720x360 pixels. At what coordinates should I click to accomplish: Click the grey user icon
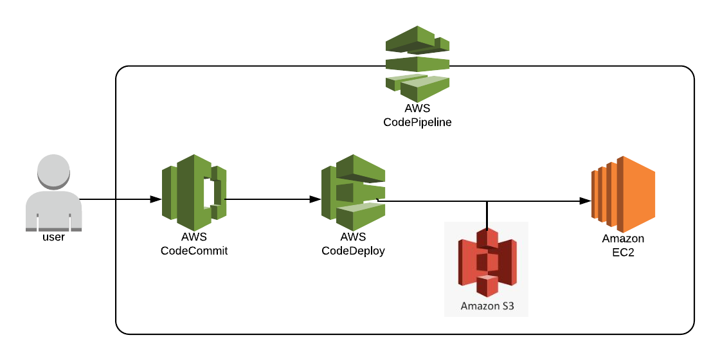click(53, 193)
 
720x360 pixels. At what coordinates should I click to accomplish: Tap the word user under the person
click(53, 237)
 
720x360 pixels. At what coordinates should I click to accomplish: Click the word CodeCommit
click(194, 251)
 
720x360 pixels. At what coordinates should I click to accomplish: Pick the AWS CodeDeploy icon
click(353, 193)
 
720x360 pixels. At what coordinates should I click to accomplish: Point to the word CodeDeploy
click(353, 251)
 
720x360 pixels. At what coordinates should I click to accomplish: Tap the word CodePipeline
click(417, 122)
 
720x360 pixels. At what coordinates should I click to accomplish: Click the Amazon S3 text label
click(487, 306)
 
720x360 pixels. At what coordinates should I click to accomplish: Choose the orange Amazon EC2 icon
click(622, 194)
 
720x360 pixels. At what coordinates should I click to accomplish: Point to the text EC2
click(622, 251)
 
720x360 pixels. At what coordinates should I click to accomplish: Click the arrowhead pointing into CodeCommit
click(155, 199)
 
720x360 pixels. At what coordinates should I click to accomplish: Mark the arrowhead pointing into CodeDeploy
click(315, 199)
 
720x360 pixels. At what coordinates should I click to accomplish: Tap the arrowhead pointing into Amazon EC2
click(585, 201)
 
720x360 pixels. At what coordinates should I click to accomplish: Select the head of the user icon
click(53, 170)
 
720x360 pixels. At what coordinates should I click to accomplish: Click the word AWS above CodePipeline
click(417, 109)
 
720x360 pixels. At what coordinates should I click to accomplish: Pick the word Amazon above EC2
click(622, 239)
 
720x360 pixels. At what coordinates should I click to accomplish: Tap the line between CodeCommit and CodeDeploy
click(270, 199)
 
